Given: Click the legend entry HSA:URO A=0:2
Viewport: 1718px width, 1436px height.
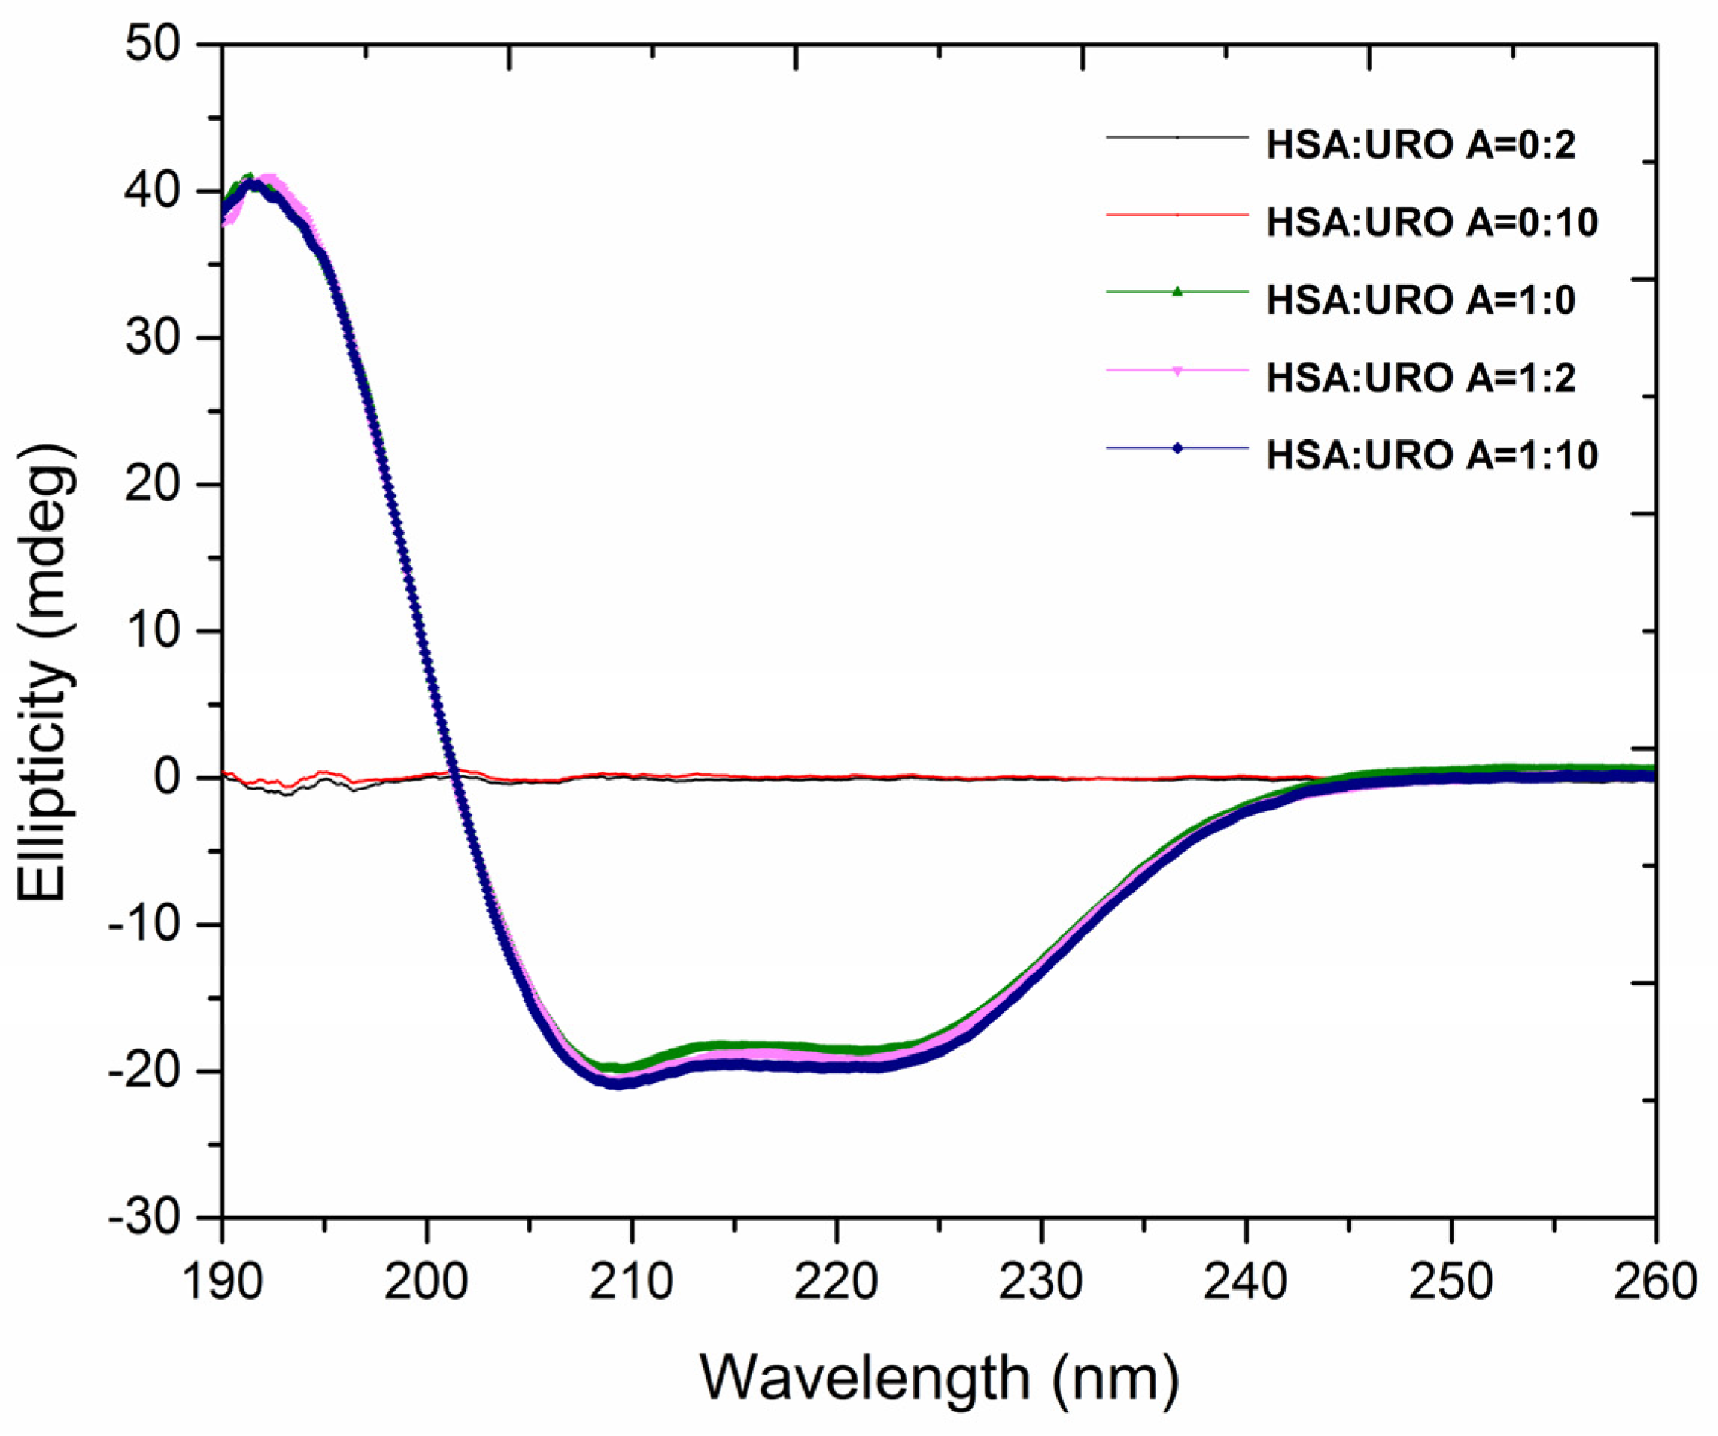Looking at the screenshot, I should click(x=1420, y=145).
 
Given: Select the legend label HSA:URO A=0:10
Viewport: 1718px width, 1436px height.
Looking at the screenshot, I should click(x=1432, y=223).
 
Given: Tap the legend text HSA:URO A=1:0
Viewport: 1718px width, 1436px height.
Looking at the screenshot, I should click(x=1420, y=300).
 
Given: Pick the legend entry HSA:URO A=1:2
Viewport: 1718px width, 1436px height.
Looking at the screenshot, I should click(x=1420, y=378).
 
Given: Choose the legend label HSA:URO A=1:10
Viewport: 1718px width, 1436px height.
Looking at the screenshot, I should click(x=1432, y=456).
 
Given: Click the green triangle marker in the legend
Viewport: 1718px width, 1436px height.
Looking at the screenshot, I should click(x=1177, y=292).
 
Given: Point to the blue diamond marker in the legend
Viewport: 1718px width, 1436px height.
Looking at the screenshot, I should click(x=1177, y=448).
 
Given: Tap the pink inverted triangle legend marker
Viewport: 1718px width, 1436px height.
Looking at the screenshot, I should click(x=1177, y=371).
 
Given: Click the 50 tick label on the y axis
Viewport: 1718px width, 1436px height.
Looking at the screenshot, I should click(x=153, y=45).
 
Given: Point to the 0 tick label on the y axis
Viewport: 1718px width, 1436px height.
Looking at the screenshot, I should click(x=167, y=777).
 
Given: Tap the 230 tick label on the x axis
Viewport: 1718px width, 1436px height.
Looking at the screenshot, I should click(x=1041, y=1283).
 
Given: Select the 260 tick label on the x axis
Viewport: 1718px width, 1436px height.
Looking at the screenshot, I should click(x=1654, y=1283).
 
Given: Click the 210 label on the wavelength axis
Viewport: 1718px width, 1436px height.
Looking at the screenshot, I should click(x=631, y=1283).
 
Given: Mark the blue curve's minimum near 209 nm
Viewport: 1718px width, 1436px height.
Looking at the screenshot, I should click(x=618, y=1084).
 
